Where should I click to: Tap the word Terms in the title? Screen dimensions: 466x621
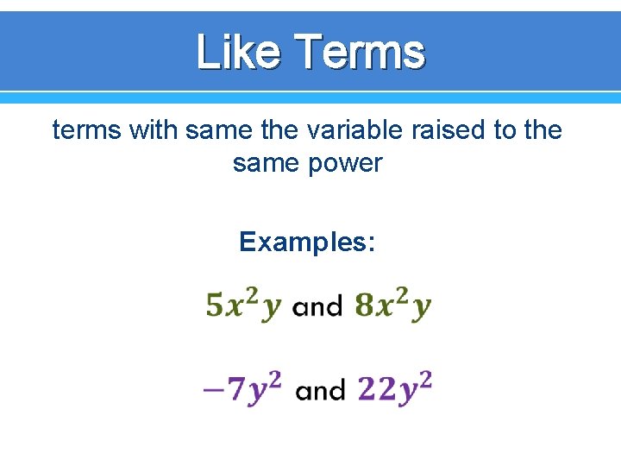pyautogui.click(x=360, y=52)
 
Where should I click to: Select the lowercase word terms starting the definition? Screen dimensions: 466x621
pyautogui.click(x=86, y=130)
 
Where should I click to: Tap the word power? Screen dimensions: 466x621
pyautogui.click(x=342, y=162)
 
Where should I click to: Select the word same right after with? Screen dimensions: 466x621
pyautogui.click(x=215, y=130)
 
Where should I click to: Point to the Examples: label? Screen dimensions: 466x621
pyautogui.click(x=307, y=242)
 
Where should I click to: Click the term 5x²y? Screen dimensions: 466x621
pyautogui.click(x=244, y=305)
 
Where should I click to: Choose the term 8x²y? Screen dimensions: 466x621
pyautogui.click(x=393, y=305)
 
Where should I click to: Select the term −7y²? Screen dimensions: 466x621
pyautogui.click(x=242, y=388)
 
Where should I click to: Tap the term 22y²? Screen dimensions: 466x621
pyautogui.click(x=394, y=388)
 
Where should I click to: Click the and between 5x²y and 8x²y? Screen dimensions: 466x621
pyautogui.click(x=317, y=306)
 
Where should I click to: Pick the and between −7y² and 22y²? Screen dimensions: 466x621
pyautogui.click(x=320, y=391)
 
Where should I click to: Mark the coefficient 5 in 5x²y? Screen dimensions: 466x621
pyautogui.click(x=215, y=305)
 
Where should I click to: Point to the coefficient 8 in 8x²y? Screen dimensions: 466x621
pyautogui.click(x=364, y=305)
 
